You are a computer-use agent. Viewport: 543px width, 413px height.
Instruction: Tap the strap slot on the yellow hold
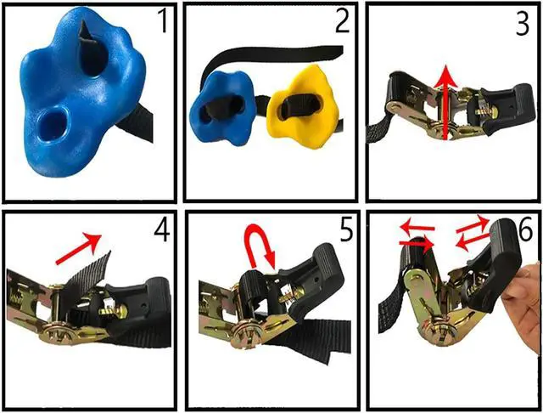click(x=296, y=108)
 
